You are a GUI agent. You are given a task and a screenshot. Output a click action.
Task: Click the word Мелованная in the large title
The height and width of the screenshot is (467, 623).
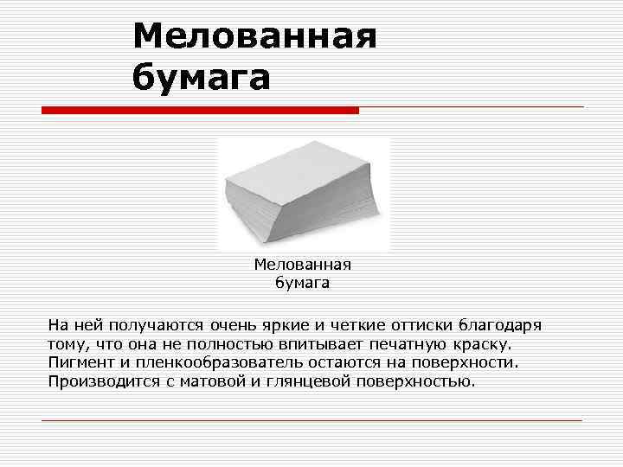255,36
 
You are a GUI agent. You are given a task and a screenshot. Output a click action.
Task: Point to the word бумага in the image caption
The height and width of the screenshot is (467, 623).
302,281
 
